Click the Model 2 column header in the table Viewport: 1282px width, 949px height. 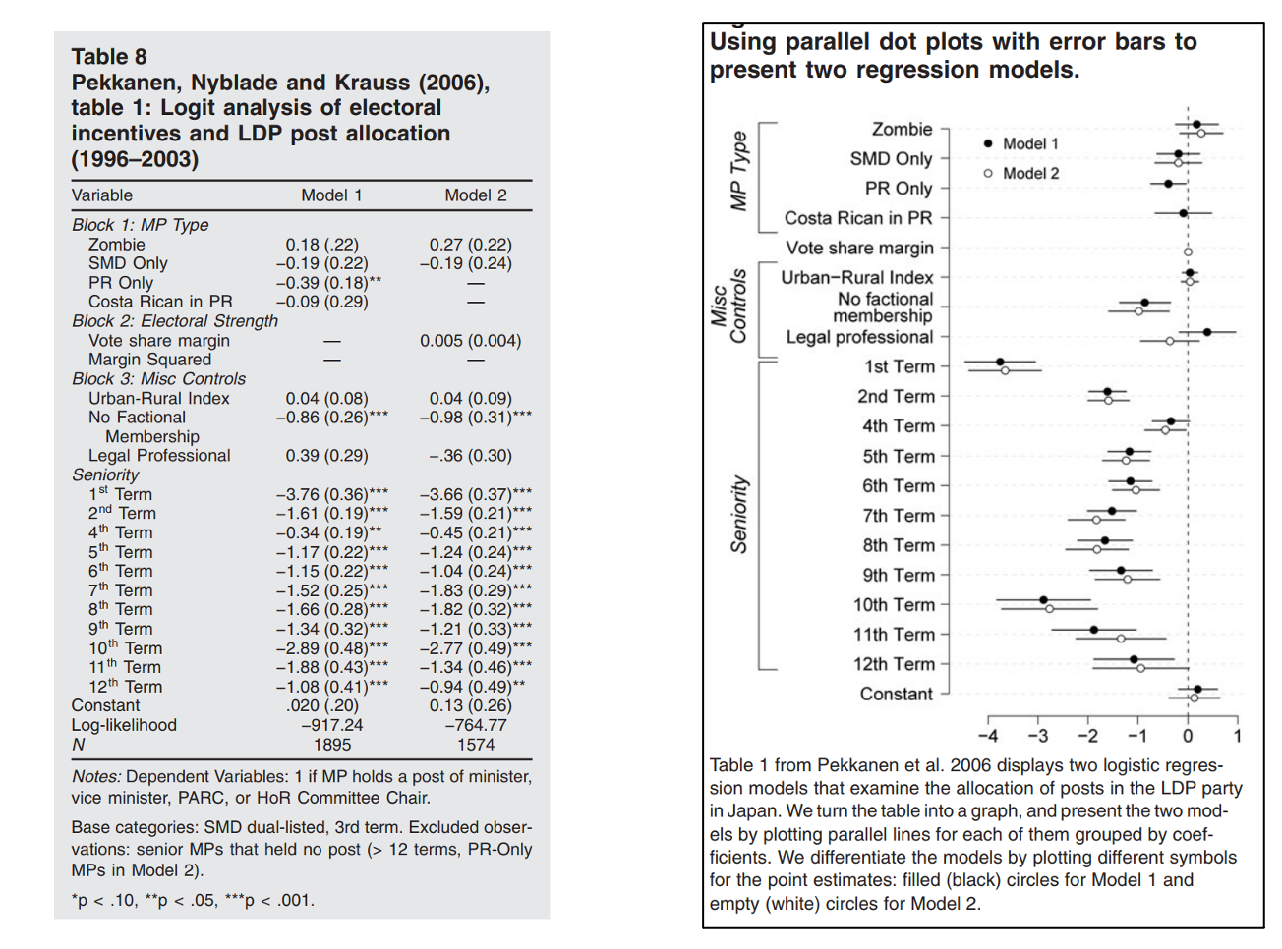(x=476, y=195)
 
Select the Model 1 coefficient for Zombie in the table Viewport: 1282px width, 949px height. (x=322, y=245)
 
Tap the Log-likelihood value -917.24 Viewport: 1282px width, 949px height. (x=332, y=725)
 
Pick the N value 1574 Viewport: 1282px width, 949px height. (x=476, y=745)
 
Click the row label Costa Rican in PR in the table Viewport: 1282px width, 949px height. (x=160, y=302)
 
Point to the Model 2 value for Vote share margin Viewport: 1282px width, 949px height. (x=470, y=341)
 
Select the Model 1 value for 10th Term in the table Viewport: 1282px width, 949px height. (x=331, y=648)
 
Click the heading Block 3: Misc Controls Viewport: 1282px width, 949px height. (x=158, y=379)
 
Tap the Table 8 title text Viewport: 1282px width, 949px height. (x=109, y=57)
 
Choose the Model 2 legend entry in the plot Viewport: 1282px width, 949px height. (x=1029, y=173)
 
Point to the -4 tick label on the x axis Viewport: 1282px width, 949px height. (x=987, y=736)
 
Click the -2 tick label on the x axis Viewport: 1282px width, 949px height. (x=1087, y=736)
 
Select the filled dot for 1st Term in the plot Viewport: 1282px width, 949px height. (x=1000, y=363)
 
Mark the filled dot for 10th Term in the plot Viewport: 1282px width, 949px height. (x=1043, y=599)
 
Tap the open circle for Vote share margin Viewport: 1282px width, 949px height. (x=1188, y=252)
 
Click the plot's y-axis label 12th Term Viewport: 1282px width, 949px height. (x=894, y=664)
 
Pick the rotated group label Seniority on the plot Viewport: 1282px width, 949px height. (x=739, y=514)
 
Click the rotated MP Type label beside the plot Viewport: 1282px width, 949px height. (x=739, y=171)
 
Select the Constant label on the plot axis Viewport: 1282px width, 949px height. (x=896, y=694)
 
